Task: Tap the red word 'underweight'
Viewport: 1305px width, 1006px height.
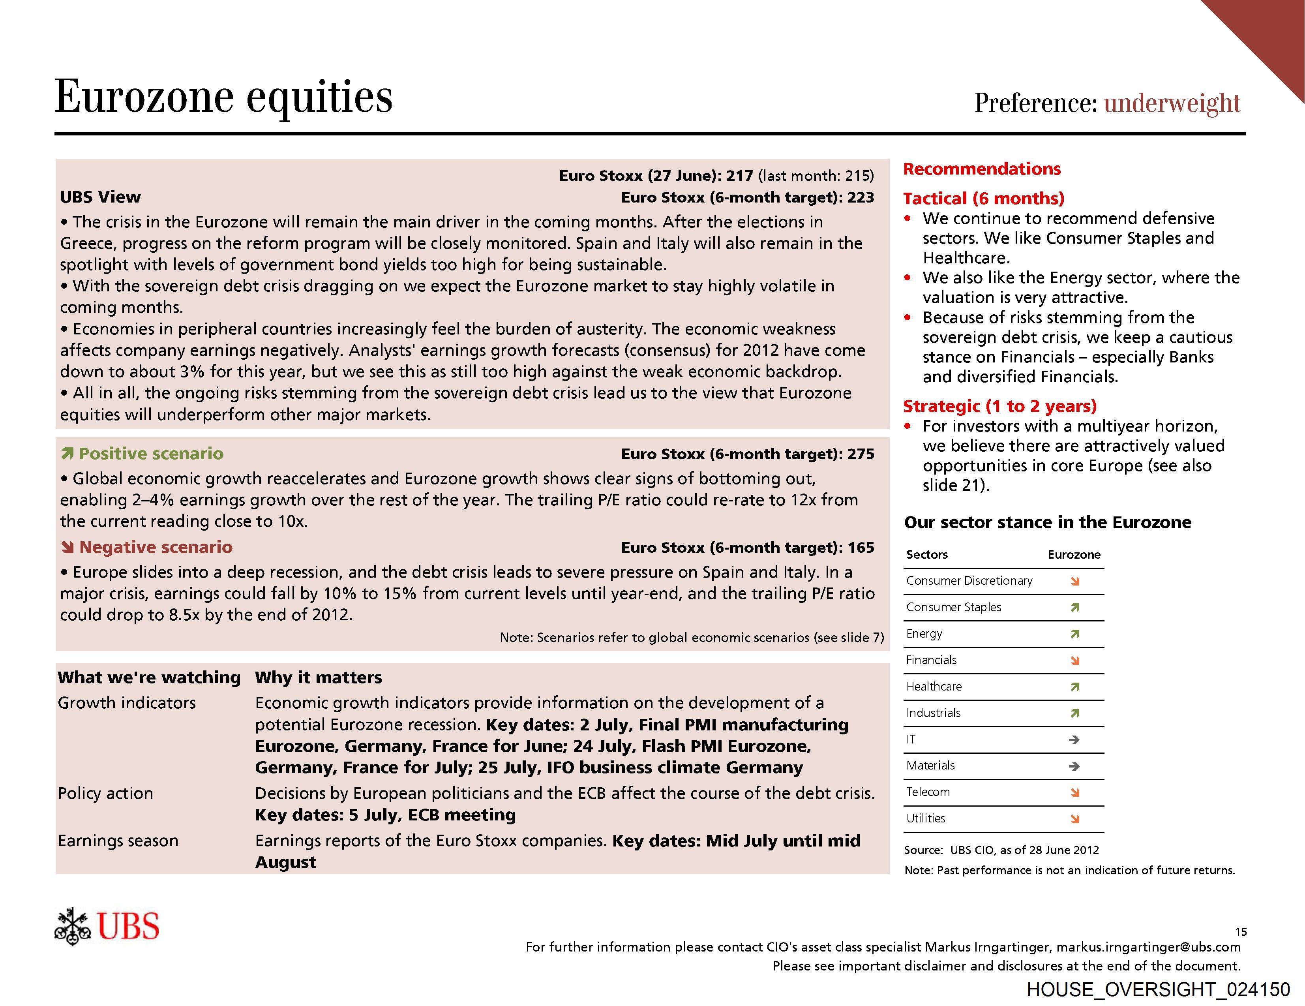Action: (1172, 103)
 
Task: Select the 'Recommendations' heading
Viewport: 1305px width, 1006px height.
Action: (982, 169)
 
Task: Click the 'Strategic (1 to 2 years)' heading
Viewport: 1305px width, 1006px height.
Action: (999, 406)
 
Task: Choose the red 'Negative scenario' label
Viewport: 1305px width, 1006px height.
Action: (156, 548)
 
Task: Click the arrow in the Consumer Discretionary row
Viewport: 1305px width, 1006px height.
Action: (1075, 581)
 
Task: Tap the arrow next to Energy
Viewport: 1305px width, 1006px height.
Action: (1075, 634)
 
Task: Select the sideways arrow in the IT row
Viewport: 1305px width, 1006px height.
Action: (1074, 740)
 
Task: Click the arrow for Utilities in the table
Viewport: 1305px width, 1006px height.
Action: (1075, 819)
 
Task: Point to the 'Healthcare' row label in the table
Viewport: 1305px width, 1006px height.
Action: (934, 687)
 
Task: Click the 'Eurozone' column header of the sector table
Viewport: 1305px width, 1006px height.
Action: (1074, 555)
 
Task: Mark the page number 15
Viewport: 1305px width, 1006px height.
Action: (1241, 932)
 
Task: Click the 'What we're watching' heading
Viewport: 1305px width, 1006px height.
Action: (149, 677)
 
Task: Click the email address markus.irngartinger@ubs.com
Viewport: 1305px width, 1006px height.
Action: (1148, 948)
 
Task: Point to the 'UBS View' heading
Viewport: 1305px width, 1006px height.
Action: (100, 197)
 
